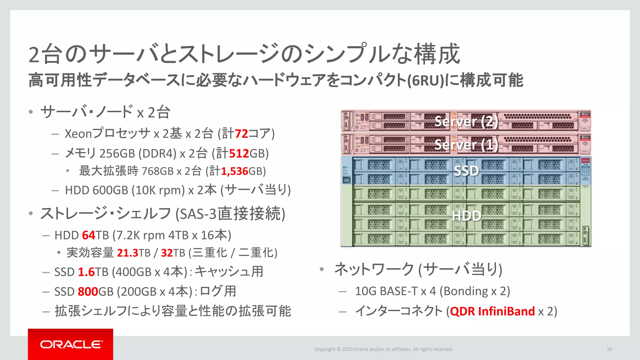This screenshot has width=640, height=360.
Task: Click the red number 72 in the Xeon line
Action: click(241, 134)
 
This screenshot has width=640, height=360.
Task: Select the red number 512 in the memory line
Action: click(239, 153)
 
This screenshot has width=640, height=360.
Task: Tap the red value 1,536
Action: click(234, 171)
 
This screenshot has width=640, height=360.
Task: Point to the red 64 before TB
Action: click(88, 235)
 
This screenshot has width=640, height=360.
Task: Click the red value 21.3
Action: click(127, 253)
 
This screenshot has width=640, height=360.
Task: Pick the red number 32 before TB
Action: click(167, 253)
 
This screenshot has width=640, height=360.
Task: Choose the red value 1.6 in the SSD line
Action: click(86, 272)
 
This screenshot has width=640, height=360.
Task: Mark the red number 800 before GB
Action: click(88, 292)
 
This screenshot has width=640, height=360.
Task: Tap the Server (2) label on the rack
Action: click(466, 121)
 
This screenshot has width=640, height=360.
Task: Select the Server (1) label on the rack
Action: click(466, 145)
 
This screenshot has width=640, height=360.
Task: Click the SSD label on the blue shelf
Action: click(466, 171)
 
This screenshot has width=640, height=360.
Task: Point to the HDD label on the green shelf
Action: click(466, 216)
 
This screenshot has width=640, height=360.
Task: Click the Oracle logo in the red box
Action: click(71, 344)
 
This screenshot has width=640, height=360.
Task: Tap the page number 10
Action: click(609, 349)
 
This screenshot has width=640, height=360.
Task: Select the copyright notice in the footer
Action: click(383, 349)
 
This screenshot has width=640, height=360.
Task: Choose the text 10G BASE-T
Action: click(386, 291)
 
